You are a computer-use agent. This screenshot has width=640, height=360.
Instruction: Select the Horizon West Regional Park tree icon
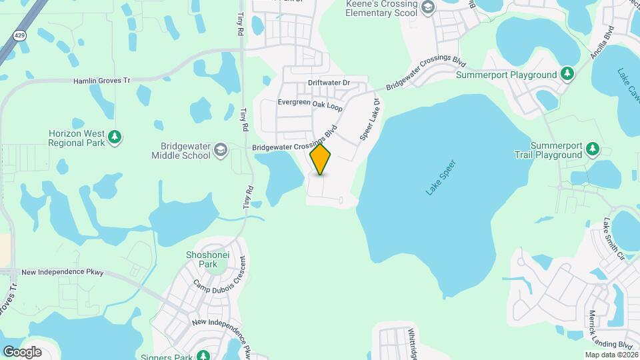(x=115, y=137)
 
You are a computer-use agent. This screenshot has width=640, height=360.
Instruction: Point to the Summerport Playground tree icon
(x=567, y=74)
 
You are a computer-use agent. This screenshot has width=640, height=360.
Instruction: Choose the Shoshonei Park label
(x=202, y=259)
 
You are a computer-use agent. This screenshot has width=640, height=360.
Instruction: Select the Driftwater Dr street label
(x=329, y=83)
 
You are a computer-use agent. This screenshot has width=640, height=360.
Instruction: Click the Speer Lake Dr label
(x=369, y=119)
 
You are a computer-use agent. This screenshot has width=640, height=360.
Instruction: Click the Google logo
(x=21, y=351)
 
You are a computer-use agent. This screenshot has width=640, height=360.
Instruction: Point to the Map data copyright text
(x=611, y=355)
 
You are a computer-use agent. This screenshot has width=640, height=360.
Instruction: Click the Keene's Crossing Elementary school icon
(x=428, y=8)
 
